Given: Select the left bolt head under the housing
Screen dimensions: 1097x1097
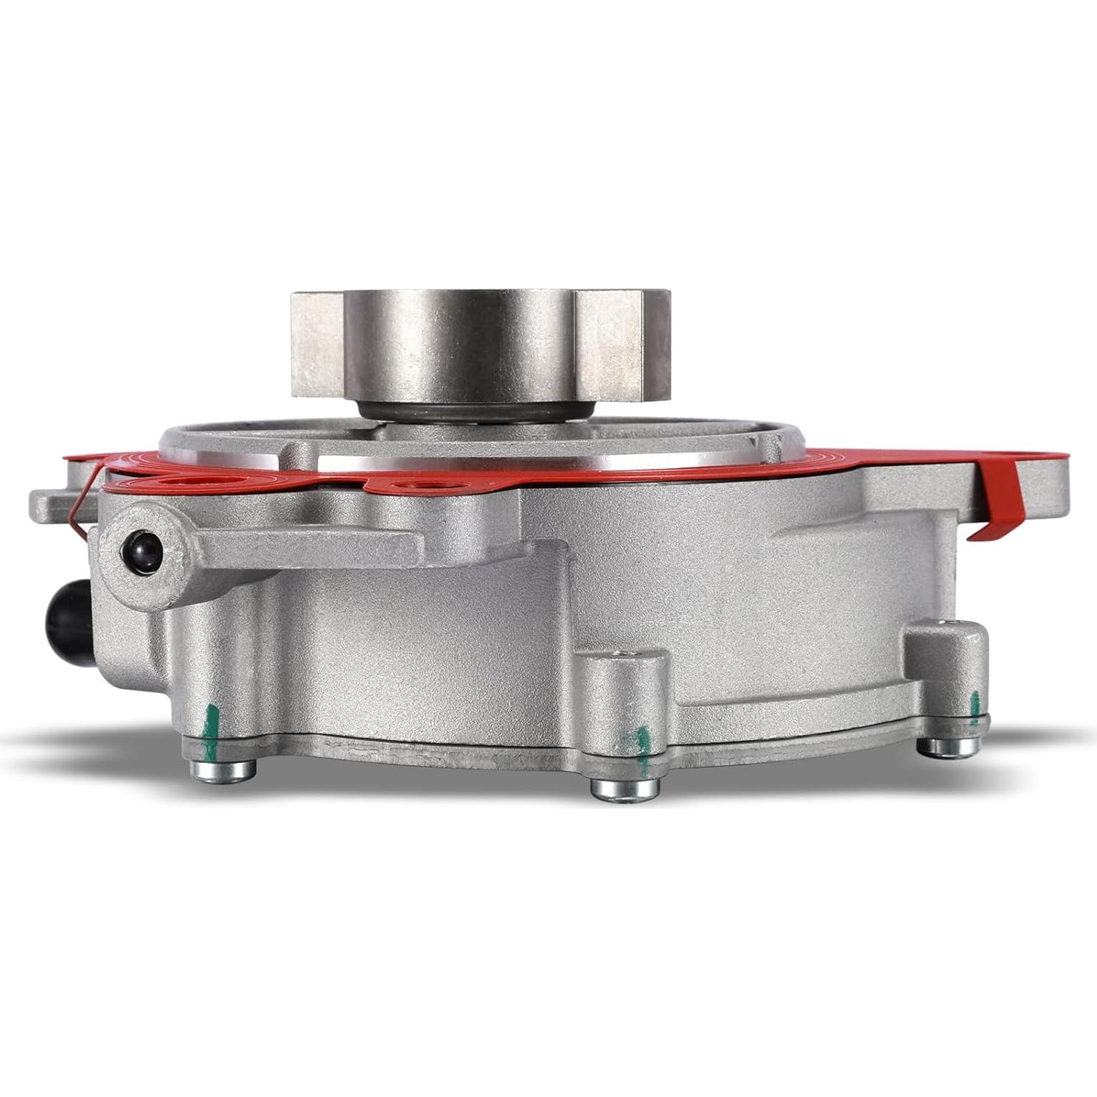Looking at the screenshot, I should point(223,770).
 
